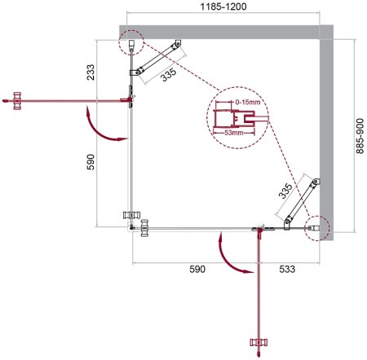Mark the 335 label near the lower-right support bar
(284, 190)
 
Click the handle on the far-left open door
(10, 99)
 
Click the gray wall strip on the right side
(327, 134)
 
